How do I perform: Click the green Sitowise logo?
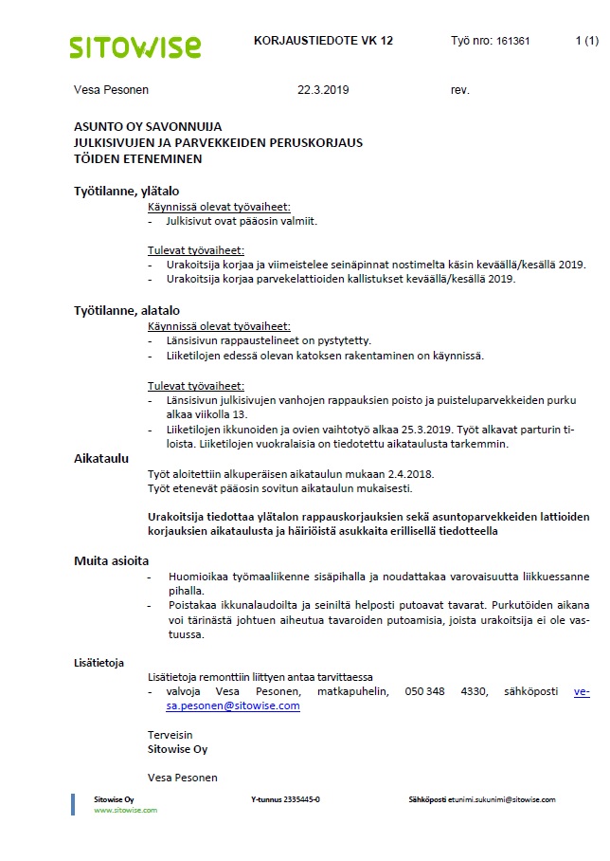[135, 46]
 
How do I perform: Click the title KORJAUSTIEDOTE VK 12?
[323, 42]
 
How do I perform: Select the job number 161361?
[512, 43]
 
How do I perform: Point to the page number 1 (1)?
[586, 42]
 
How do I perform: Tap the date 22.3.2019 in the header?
[324, 91]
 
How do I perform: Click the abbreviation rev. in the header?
[460, 91]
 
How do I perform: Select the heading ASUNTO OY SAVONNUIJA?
[148, 126]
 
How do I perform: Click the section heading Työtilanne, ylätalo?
[126, 191]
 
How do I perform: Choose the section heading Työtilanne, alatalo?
[126, 310]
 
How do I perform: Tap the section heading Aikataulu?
[100, 458]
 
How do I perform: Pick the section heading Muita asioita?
[111, 560]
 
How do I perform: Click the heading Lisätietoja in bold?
[99, 663]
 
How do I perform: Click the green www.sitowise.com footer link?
[125, 810]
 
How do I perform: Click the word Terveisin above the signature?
[170, 735]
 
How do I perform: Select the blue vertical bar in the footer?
[73, 804]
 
